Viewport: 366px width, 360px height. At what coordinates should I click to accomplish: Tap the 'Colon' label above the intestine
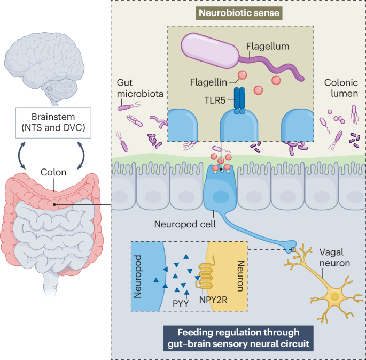53,173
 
